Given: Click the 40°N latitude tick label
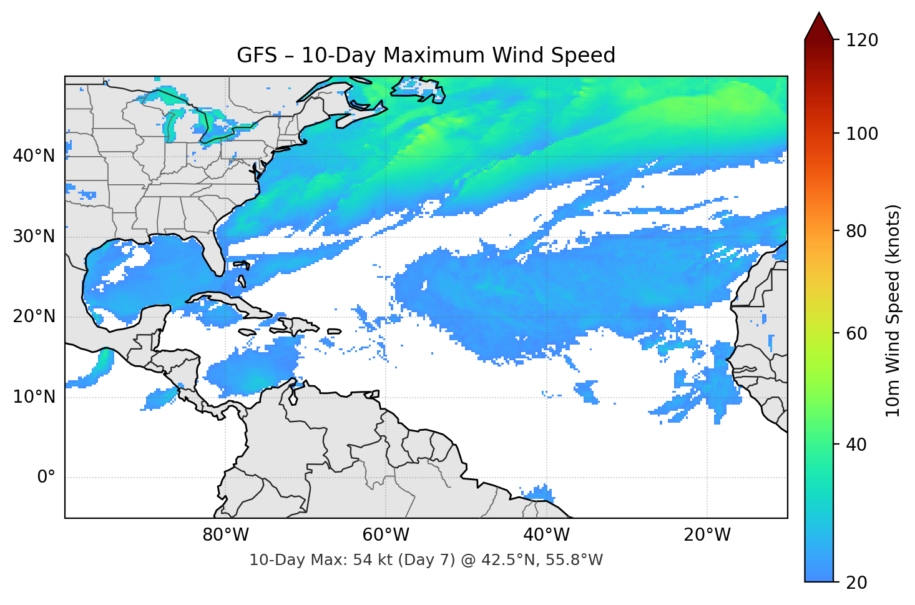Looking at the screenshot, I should (x=34, y=156).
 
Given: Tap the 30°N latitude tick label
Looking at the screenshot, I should (x=34, y=237).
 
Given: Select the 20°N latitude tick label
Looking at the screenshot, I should (x=34, y=317).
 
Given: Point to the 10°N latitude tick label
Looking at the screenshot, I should (x=34, y=397).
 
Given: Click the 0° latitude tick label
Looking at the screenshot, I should (x=46, y=478).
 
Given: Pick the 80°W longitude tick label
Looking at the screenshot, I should (x=225, y=535).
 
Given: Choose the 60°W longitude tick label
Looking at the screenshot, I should (x=386, y=535).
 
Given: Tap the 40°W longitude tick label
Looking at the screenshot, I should (x=546, y=535).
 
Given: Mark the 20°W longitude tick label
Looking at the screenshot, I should (x=707, y=535).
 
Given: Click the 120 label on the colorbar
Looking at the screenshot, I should (x=862, y=41).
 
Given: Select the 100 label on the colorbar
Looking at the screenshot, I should (x=862, y=134).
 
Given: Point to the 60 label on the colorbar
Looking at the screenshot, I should (x=856, y=333).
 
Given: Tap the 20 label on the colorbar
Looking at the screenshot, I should (x=856, y=583).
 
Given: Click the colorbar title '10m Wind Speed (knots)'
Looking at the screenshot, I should (x=893, y=310).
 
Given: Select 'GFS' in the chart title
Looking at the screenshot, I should (x=257, y=56).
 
